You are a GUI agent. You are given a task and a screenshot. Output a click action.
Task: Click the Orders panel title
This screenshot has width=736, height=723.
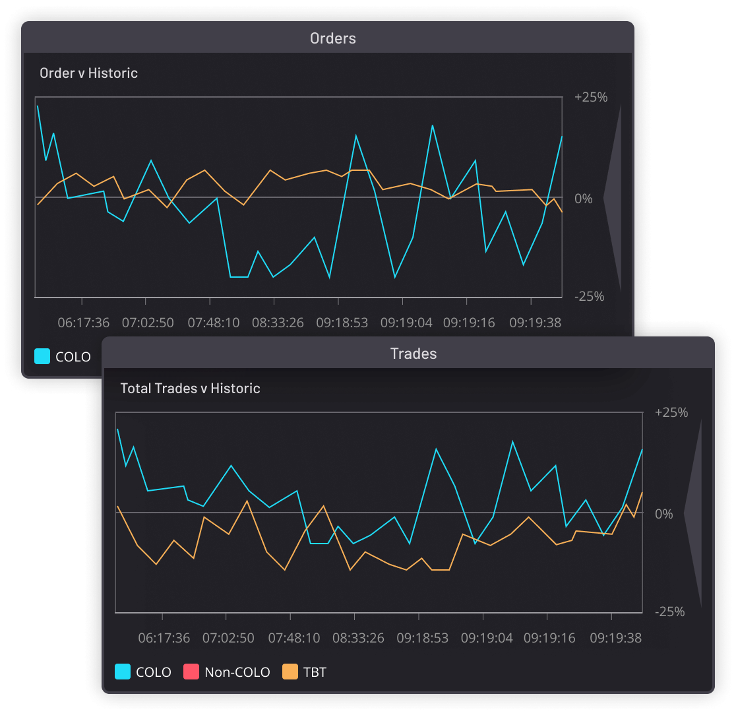pos(332,38)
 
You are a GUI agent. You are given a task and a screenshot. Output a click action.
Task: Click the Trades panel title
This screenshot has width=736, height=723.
pos(413,354)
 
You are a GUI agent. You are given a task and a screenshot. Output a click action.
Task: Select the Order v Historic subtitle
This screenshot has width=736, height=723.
pos(88,73)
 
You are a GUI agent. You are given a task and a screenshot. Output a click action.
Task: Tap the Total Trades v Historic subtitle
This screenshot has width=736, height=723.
pos(190,389)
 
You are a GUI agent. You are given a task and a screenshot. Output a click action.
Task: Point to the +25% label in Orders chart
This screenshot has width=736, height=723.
pos(591,98)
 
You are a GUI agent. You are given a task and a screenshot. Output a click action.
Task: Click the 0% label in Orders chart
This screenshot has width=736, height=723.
pos(584,199)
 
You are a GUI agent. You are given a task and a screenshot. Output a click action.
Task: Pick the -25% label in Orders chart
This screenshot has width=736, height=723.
pos(590,296)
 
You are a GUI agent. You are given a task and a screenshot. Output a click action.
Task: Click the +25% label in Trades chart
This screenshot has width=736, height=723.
pos(671,413)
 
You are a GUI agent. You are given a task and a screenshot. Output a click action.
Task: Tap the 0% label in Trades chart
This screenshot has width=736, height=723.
pos(664,514)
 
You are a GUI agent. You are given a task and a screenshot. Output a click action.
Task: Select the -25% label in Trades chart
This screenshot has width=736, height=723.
pos(670,612)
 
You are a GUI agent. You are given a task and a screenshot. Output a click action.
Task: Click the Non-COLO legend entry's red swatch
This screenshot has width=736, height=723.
pos(191,672)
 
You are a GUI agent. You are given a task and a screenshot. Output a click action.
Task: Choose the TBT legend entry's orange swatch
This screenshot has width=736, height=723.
pos(290,672)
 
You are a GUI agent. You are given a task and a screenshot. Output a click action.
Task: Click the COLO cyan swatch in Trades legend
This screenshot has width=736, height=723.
pos(123,672)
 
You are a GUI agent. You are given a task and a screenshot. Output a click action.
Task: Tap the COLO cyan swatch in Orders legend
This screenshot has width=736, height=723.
pos(42,357)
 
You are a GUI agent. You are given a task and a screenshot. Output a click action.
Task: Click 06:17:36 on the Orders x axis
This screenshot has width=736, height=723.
pos(83,323)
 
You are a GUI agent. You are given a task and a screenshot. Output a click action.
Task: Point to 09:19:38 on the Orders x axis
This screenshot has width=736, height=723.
pos(535,323)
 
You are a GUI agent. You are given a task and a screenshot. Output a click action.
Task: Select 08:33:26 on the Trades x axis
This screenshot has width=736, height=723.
pos(358,638)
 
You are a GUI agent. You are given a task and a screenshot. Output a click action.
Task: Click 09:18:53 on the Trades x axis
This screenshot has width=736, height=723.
pos(422,638)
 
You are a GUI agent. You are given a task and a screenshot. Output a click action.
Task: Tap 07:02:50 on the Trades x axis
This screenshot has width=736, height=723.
pos(228,638)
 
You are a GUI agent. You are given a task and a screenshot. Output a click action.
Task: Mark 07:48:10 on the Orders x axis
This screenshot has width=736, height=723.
pos(214,323)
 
